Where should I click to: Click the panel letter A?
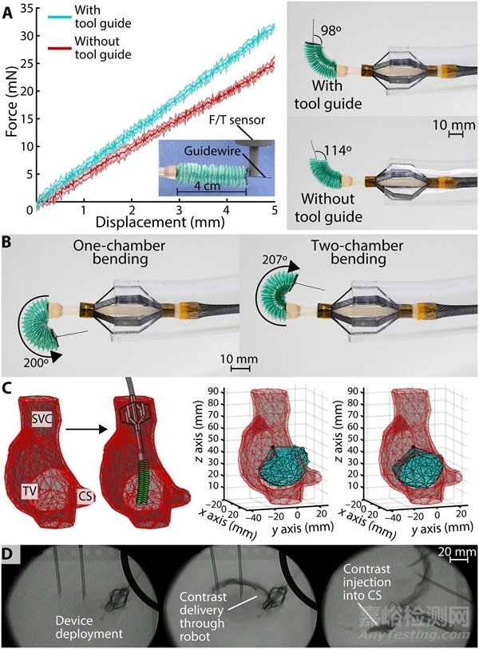pyautogui.click(x=8, y=12)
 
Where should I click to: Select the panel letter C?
pyautogui.click(x=8, y=389)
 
